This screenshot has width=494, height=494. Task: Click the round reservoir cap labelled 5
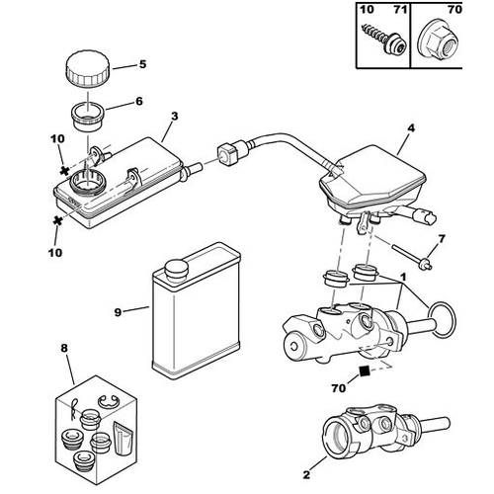tap(88, 68)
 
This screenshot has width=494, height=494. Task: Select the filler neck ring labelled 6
tap(88, 118)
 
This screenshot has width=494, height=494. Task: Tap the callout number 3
tap(175, 117)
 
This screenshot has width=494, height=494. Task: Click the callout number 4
tap(411, 128)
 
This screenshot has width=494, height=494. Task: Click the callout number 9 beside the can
tap(118, 312)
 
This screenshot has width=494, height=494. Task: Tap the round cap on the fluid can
tap(177, 271)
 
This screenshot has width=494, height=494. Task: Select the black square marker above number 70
tap(364, 371)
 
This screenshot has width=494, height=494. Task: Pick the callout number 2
tap(306, 475)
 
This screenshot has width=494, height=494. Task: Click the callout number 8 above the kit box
tap(64, 348)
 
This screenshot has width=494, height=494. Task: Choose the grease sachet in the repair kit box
tap(123, 437)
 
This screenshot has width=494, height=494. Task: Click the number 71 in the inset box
tap(400, 10)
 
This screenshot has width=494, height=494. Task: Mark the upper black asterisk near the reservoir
tap(64, 171)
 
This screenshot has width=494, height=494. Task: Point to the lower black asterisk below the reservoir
tap(58, 220)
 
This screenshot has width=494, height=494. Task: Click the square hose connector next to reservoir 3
tap(225, 155)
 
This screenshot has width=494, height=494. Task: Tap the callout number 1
tap(403, 278)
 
